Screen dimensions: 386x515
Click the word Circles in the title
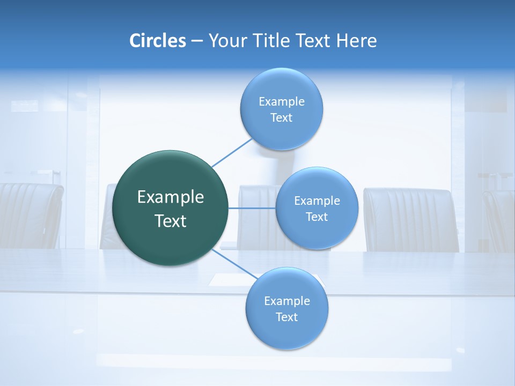pos(158,41)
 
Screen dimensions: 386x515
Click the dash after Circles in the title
pos(196,41)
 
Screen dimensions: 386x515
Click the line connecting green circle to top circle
pos(232,152)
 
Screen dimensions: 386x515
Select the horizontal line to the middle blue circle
pos(252,208)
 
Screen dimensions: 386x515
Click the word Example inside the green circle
pos(171,197)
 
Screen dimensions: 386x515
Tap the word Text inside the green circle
pos(171,221)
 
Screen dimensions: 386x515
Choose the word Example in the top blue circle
pos(281,102)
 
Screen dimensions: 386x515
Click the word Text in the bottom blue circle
pos(286,317)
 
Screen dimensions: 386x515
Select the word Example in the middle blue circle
pos(317,201)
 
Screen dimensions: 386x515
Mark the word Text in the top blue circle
pos(281,118)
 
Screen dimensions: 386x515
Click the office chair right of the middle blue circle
pos(410,220)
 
